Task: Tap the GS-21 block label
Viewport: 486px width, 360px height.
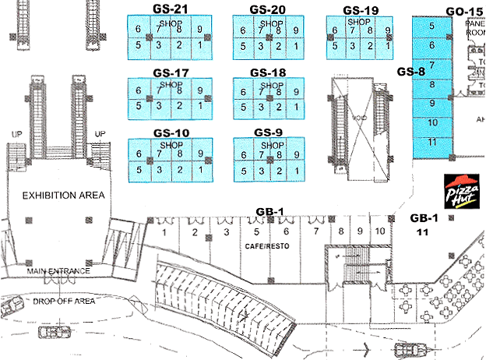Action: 171,9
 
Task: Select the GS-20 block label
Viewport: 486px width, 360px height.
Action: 268,9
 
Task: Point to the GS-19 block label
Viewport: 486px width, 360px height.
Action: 361,10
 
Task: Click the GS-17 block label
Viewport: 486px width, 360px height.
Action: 171,73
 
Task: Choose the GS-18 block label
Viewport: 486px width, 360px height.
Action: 268,72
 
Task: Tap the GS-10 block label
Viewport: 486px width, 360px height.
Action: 171,133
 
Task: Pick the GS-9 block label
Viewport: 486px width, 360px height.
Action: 268,133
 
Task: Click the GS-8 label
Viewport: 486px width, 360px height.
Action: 410,72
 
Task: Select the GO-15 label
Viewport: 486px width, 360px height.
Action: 465,11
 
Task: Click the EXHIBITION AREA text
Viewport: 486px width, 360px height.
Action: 63,194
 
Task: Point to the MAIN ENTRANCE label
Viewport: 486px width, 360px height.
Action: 61,271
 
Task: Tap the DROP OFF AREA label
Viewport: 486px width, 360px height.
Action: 64,301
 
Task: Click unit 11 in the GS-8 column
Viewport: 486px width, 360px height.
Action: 431,142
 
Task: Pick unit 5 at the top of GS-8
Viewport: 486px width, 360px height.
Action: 431,26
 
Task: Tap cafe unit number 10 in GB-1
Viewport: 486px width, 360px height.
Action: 379,231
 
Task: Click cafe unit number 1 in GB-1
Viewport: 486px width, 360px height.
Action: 165,232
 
